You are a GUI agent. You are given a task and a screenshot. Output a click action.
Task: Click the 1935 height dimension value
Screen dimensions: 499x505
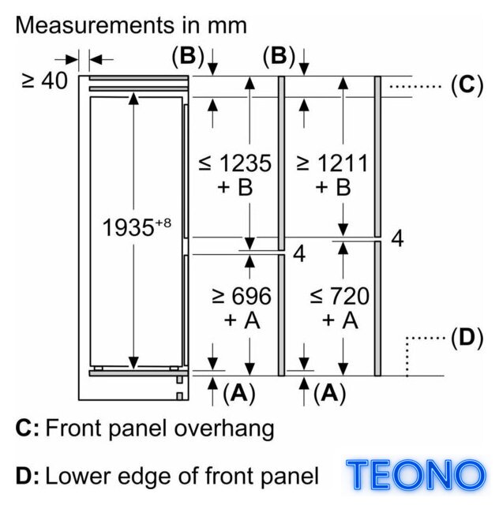click(x=128, y=228)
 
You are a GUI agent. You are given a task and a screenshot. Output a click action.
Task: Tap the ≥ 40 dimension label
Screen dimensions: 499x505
click(x=45, y=80)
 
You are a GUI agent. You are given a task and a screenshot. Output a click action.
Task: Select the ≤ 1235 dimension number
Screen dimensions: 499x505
click(x=235, y=163)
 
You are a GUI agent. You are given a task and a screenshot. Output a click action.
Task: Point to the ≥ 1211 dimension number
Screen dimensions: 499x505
click(x=332, y=163)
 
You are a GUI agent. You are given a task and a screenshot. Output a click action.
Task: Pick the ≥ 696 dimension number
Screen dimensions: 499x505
click(x=242, y=296)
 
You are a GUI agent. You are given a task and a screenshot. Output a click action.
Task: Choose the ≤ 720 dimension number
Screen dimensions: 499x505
click(x=340, y=296)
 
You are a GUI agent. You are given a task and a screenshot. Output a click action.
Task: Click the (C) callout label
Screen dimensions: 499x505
click(x=467, y=85)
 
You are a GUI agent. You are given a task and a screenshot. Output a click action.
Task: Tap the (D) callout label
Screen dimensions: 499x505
click(x=467, y=338)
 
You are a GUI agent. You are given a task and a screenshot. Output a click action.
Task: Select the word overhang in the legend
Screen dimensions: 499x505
click(x=224, y=429)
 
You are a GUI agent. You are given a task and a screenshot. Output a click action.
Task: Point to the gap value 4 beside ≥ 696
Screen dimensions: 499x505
click(x=299, y=254)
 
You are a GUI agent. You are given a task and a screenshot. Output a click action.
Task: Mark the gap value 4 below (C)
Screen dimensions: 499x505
click(x=397, y=238)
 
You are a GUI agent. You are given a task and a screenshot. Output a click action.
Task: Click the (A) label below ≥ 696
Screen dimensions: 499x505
click(x=239, y=393)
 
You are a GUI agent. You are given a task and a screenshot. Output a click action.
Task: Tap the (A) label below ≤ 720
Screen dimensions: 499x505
click(x=330, y=393)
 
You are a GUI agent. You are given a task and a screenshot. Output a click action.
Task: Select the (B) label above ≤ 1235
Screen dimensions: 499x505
click(x=188, y=56)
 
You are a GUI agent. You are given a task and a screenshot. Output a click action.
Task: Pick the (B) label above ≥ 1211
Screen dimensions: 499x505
click(x=280, y=56)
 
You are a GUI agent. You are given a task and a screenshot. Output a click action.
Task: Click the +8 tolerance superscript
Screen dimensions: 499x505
click(x=163, y=223)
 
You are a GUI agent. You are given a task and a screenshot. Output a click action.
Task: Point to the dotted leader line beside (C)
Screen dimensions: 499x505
click(x=415, y=86)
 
